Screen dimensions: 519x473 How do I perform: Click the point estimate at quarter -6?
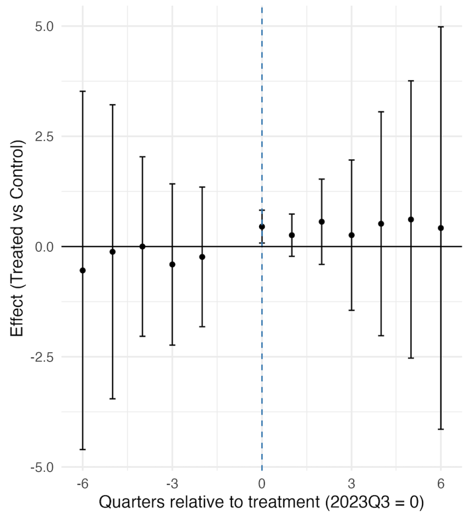click(83, 271)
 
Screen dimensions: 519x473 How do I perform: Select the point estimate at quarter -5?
click(113, 252)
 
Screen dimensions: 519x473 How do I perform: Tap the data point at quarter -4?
click(142, 247)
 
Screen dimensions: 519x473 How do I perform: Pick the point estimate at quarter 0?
click(262, 227)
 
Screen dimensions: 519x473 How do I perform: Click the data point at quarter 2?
click(321, 221)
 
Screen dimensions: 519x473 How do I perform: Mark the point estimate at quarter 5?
click(411, 219)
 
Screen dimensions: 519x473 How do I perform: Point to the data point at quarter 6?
click(441, 228)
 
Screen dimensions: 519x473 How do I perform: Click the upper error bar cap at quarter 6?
click(441, 27)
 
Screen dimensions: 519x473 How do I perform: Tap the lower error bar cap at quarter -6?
click(83, 450)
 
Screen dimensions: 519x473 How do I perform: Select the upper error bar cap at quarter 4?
click(381, 112)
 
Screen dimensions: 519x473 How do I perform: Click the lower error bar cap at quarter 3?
click(351, 310)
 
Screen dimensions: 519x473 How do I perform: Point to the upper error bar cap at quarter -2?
click(202, 187)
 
